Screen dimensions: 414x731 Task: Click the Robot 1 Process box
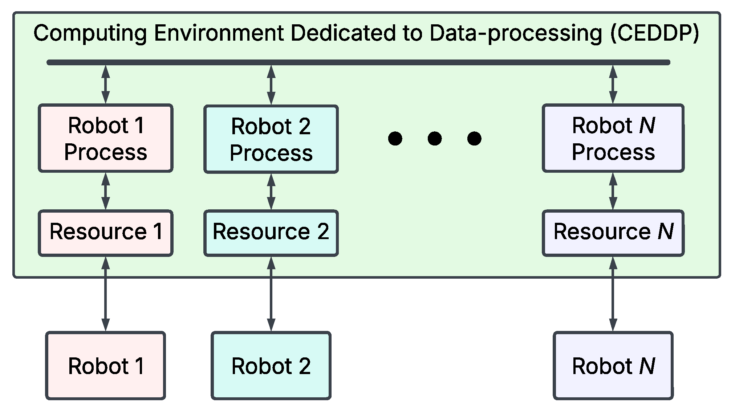pos(105,138)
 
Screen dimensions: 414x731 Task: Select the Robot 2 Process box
pos(271,139)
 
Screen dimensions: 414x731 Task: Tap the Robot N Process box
pos(613,138)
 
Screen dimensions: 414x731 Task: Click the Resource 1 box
pos(105,233)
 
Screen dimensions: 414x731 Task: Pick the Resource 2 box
pos(271,233)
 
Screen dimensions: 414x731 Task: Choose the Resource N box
pos(613,233)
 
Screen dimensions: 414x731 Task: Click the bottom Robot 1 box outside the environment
pos(105,365)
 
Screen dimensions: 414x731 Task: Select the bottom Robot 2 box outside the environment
pos(271,365)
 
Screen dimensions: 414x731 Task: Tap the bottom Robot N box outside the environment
pos(613,365)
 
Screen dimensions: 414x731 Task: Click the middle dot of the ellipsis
pos(434,138)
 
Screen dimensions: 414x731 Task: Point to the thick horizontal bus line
pos(358,62)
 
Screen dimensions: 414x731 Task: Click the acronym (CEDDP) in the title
pos(654,33)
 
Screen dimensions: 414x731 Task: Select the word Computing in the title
pos(90,33)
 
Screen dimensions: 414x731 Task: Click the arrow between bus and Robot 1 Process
pos(105,85)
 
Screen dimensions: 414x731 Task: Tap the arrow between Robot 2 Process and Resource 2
pos(271,192)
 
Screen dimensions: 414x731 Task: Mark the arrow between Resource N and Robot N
pos(613,294)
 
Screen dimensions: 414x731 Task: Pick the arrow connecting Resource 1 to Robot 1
pos(105,294)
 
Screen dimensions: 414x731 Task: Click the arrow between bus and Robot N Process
pos(613,85)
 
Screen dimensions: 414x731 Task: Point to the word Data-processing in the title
pos(516,33)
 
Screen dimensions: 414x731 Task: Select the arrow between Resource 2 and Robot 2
pos(271,294)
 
